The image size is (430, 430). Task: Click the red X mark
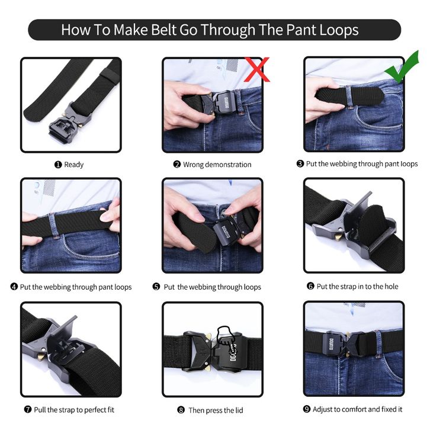tap(257, 69)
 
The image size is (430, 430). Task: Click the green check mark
tap(402, 67)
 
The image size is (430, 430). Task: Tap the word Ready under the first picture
tap(74, 165)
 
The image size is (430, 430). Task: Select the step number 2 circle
tap(177, 164)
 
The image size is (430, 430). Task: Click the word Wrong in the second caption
tap(193, 165)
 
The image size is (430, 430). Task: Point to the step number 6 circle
tap(310, 286)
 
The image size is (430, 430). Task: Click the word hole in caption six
tap(392, 286)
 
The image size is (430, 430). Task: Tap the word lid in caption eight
tap(239, 410)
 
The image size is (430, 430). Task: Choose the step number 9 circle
tap(307, 409)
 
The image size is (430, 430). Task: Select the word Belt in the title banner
tap(163, 30)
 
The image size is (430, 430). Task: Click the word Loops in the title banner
tap(339, 30)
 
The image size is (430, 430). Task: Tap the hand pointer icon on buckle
tap(228, 339)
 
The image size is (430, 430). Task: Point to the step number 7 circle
tap(28, 409)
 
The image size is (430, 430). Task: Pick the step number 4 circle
tap(14, 287)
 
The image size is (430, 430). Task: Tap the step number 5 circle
tap(156, 287)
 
